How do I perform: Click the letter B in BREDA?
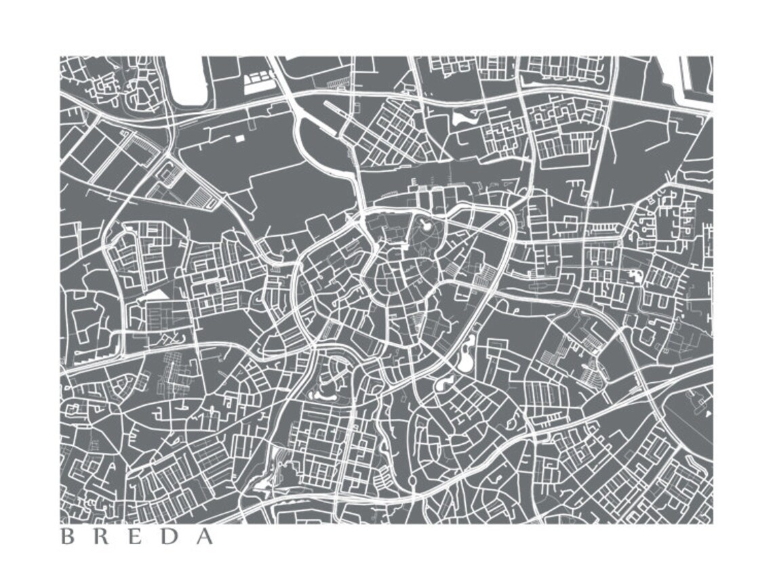point(67,537)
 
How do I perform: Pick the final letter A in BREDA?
point(205,537)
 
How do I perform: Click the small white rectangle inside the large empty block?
point(239,138)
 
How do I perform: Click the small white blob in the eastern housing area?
point(635,275)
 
